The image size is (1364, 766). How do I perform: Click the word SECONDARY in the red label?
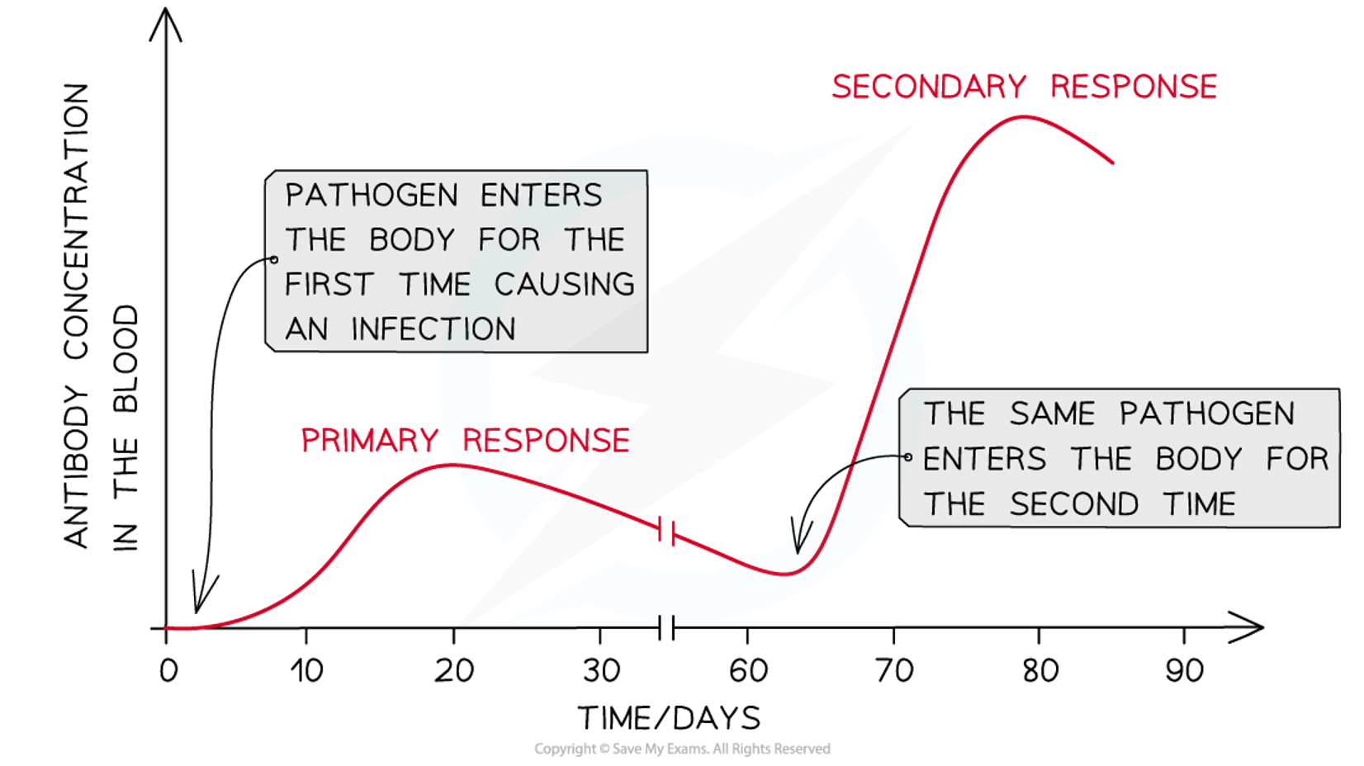929,87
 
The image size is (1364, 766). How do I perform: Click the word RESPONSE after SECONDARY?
1134,87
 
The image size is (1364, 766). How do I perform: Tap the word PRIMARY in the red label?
369,440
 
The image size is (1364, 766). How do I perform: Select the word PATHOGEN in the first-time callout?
372,196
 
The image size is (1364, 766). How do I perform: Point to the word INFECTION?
433,329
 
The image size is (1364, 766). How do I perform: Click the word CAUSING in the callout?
564,285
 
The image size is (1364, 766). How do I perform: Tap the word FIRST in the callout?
329,285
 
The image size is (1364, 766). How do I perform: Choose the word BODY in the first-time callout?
412,240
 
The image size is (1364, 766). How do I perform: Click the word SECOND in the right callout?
1074,504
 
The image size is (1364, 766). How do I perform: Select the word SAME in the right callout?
1052,414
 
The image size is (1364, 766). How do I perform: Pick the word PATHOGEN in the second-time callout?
1206,414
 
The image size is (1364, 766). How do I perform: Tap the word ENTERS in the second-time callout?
984,459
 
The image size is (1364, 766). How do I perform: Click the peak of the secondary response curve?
1023,118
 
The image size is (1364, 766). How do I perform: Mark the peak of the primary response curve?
450,466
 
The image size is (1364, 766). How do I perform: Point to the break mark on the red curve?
667,532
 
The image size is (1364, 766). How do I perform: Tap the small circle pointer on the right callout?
908,456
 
